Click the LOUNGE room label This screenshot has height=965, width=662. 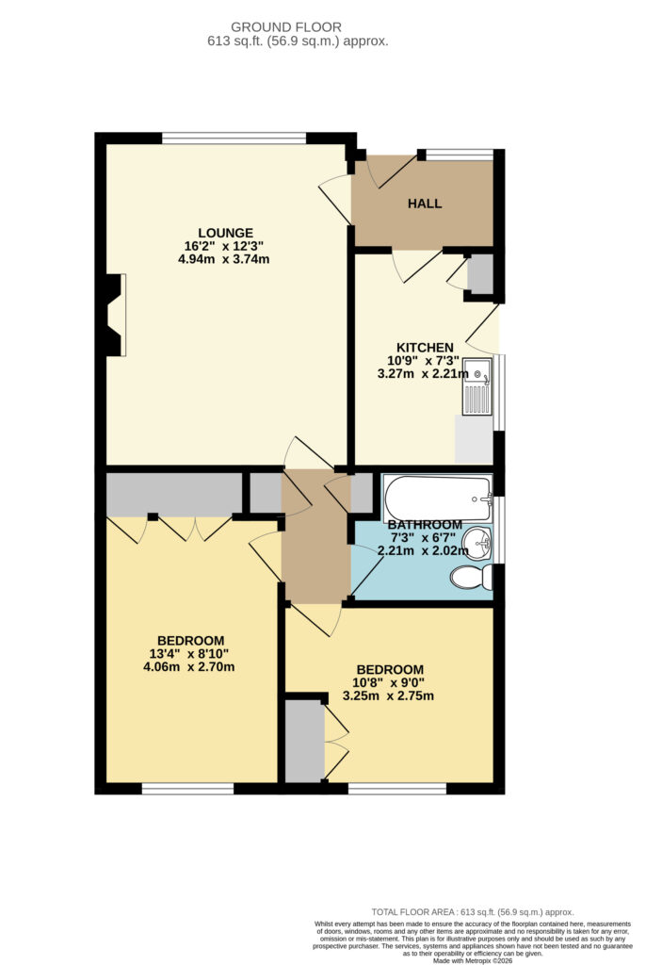225,233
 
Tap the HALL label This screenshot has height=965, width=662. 425,204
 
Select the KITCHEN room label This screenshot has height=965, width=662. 425,348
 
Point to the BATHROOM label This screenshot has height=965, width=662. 425,525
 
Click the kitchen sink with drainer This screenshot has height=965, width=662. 477,386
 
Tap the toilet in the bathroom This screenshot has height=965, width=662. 471,578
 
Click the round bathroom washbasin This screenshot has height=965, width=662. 478,542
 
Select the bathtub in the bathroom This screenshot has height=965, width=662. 438,498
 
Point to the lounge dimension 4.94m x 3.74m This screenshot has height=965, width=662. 223,259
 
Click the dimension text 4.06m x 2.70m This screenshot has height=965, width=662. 189,666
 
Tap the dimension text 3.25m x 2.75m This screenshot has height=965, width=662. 388,696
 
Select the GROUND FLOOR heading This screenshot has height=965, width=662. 286,27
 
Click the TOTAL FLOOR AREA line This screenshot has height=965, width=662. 473,912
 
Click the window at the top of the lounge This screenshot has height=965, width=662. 234,139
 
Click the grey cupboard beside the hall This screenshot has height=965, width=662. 480,272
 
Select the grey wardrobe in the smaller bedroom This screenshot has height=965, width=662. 304,741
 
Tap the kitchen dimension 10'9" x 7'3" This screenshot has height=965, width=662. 424,361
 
